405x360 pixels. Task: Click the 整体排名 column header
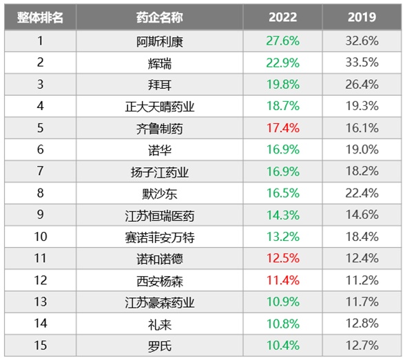pyautogui.click(x=40, y=17)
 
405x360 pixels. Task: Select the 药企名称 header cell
pyautogui.click(x=160, y=17)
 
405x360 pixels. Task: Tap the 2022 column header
pyautogui.click(x=283, y=17)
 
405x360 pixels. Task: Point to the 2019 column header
pyautogui.click(x=362, y=17)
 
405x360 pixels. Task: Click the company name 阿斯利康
pyautogui.click(x=160, y=41)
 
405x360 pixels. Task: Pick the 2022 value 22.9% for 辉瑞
pyautogui.click(x=283, y=63)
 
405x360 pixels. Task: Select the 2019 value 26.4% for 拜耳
pyautogui.click(x=362, y=85)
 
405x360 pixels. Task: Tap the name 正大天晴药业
pyautogui.click(x=160, y=107)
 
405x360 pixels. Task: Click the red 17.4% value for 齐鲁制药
pyautogui.click(x=283, y=128)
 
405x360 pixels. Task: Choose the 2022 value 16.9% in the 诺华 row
pyautogui.click(x=283, y=149)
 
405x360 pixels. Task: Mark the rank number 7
pyautogui.click(x=40, y=171)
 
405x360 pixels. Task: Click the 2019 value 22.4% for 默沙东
pyautogui.click(x=362, y=193)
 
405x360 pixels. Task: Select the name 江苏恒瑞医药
pyautogui.click(x=160, y=215)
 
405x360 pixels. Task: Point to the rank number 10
pyautogui.click(x=41, y=237)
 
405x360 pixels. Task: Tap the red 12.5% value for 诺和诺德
pyautogui.click(x=283, y=258)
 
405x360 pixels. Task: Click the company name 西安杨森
pyautogui.click(x=160, y=281)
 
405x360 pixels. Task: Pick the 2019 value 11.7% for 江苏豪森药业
pyautogui.click(x=362, y=302)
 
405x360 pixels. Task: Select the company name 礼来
pyautogui.click(x=160, y=325)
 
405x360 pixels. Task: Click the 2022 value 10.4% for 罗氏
pyautogui.click(x=283, y=346)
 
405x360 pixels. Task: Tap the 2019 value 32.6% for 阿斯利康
pyautogui.click(x=362, y=41)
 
